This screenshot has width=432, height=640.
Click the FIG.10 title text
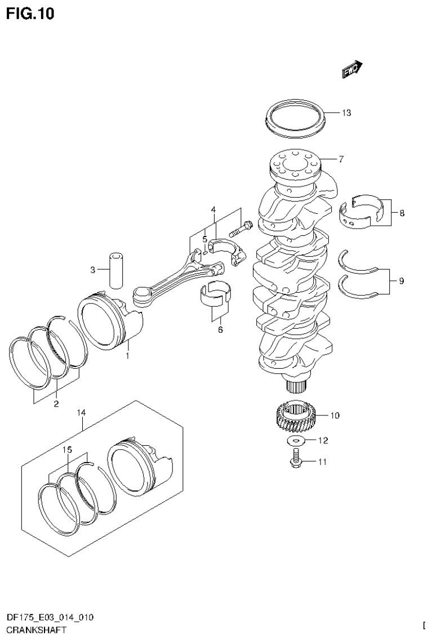[x=30, y=13]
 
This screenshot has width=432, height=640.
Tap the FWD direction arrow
[x=351, y=68]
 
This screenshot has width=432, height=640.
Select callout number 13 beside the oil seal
[x=346, y=113]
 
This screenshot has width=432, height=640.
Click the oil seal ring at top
[x=295, y=119]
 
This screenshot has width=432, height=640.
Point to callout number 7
[x=341, y=159]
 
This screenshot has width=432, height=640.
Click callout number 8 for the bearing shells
[x=402, y=213]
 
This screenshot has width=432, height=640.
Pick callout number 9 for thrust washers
[x=401, y=280]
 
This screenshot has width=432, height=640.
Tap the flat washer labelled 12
[x=297, y=440]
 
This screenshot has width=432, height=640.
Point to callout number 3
[x=93, y=270]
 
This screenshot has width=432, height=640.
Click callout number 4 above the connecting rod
[x=214, y=210]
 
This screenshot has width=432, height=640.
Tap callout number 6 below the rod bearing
[x=220, y=329]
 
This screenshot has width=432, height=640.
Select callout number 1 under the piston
[x=127, y=356]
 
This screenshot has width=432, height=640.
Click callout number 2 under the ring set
[x=56, y=403]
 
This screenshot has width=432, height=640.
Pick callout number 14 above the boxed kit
[x=82, y=413]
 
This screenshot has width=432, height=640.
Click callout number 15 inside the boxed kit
[x=67, y=450]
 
